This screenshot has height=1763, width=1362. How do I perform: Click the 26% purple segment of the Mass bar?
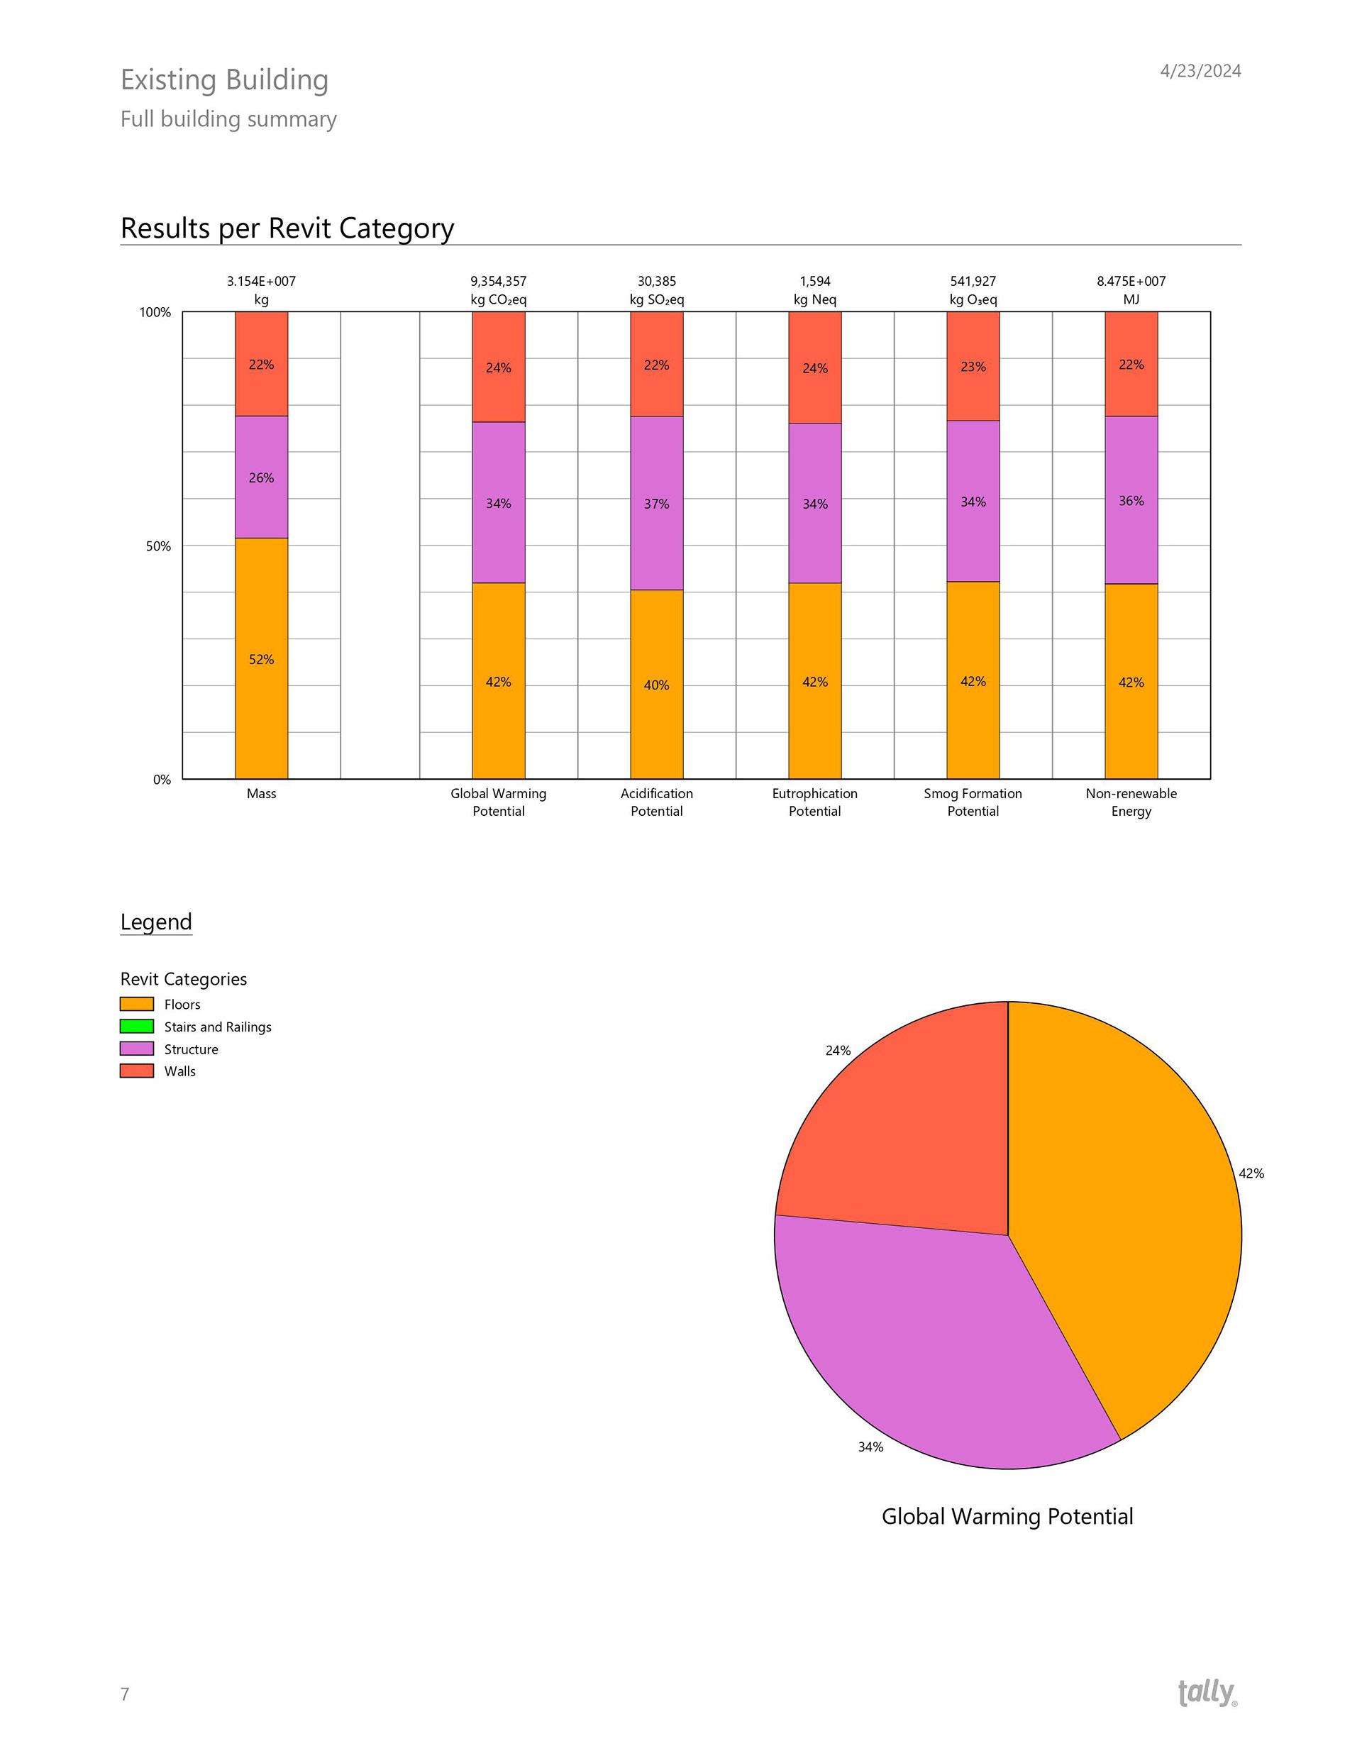click(261, 477)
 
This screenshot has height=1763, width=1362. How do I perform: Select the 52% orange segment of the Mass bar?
click(261, 658)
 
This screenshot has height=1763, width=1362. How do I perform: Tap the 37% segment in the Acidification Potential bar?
click(656, 503)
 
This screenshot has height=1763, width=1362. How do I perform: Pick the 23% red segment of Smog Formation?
click(973, 367)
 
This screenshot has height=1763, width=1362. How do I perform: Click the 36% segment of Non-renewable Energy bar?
click(1131, 500)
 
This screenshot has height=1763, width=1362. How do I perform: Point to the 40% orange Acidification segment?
click(656, 685)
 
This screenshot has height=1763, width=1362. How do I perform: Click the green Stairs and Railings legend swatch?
click(136, 1026)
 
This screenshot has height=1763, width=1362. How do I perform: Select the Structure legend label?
click(191, 1049)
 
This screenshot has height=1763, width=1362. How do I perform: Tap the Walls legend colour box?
click(136, 1071)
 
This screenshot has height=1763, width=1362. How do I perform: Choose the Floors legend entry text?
click(182, 1004)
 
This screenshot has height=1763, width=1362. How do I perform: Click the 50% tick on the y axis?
click(158, 546)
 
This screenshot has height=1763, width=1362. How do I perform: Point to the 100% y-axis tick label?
click(155, 312)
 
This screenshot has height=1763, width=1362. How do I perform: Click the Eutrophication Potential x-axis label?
click(814, 802)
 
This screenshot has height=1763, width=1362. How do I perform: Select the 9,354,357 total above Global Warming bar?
click(498, 281)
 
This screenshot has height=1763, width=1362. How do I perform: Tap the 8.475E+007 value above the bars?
click(1130, 281)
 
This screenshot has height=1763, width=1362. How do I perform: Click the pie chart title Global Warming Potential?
click(1007, 1516)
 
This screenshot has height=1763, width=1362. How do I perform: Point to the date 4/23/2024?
click(1200, 71)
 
